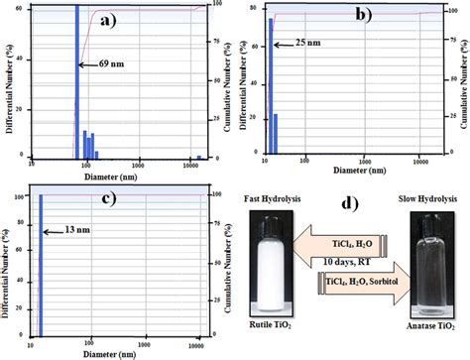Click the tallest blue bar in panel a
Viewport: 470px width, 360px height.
[76, 79]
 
